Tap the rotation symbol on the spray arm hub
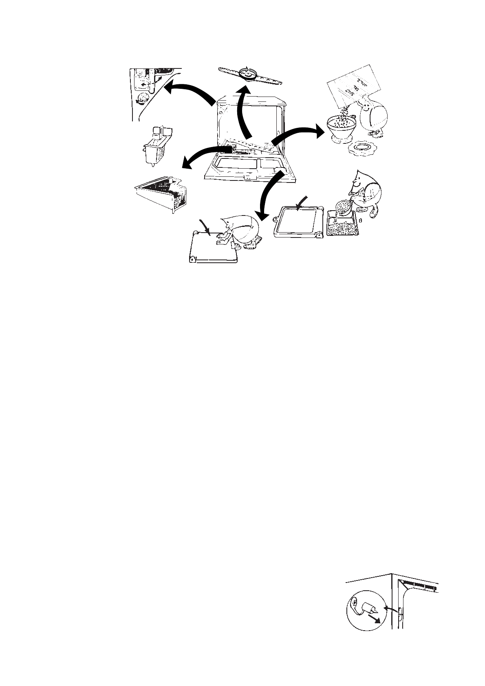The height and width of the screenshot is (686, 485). pos(246,72)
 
